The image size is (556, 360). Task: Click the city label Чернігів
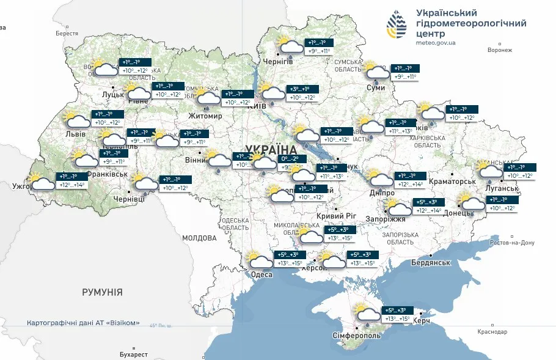pyautogui.click(x=277, y=62)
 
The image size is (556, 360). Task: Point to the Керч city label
pyautogui.click(x=422, y=321)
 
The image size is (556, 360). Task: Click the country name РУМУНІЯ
pyautogui.click(x=102, y=292)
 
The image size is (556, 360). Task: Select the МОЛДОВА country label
pyautogui.click(x=199, y=238)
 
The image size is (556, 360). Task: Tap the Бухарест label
pyautogui.click(x=134, y=354)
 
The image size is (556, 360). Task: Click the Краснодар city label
pyautogui.click(x=492, y=332)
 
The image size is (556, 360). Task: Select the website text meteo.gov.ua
pyautogui.click(x=436, y=43)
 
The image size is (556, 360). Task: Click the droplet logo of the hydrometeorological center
pyautogui.click(x=396, y=25)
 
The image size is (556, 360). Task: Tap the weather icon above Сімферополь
pyautogui.click(x=367, y=314)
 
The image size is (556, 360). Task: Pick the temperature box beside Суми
pyautogui.click(x=404, y=73)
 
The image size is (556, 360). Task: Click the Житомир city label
pyautogui.click(x=205, y=116)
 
